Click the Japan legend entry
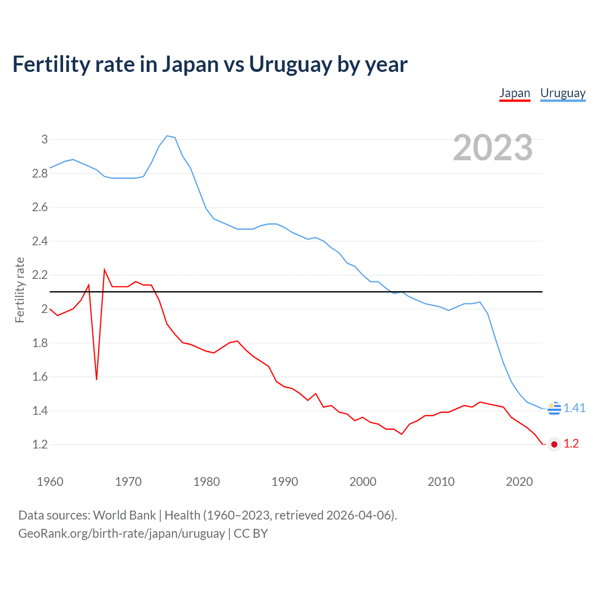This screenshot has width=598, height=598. click(x=514, y=93)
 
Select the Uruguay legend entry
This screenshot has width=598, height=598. click(x=562, y=93)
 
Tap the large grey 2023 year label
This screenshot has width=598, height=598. click(x=493, y=148)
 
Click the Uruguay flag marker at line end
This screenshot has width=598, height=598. click(x=554, y=408)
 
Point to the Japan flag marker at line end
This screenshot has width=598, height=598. click(x=554, y=444)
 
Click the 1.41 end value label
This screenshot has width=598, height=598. click(x=574, y=408)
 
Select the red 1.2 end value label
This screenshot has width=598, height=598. click(x=571, y=444)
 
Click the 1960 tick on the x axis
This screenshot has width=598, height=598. click(x=50, y=482)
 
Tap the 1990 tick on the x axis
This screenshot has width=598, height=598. click(x=285, y=482)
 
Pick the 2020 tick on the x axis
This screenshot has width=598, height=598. click(x=519, y=482)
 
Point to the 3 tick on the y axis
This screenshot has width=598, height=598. click(x=45, y=139)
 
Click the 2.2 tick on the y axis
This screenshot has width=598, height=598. click(x=40, y=275)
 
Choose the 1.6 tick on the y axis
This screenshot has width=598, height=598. click(x=40, y=377)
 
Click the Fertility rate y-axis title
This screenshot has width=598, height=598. click(x=20, y=290)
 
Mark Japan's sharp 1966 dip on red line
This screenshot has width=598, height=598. click(x=97, y=379)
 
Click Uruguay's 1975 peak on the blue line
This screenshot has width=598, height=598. click(x=167, y=136)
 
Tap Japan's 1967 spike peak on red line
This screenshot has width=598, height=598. click(x=104, y=270)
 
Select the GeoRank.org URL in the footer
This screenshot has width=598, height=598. click(x=121, y=534)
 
